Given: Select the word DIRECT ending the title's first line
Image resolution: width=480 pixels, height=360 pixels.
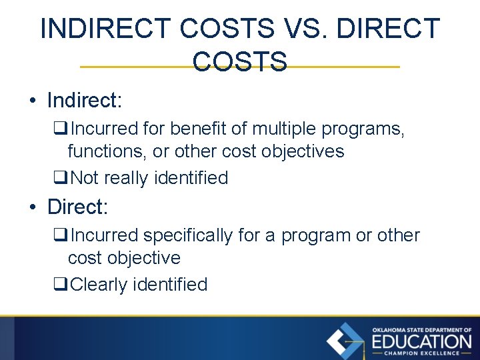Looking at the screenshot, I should tap(389, 29).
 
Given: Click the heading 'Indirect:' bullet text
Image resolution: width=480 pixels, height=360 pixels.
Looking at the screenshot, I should tap(85, 101).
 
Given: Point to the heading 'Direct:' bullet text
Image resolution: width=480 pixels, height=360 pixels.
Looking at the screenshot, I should tap(77, 207).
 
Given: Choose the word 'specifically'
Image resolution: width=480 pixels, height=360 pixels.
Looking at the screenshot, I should tap(189, 235).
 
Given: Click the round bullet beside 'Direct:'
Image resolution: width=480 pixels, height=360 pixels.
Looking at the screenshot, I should tap(32, 207).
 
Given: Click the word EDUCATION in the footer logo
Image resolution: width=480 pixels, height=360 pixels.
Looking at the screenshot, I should tap(421, 341).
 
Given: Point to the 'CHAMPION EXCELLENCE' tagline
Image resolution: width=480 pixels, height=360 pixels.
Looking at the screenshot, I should tap(421, 353).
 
